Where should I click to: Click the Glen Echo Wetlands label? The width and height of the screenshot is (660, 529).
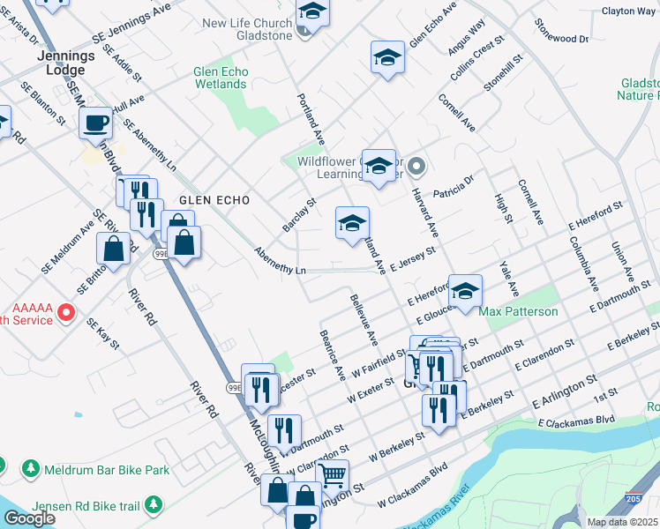[221, 78]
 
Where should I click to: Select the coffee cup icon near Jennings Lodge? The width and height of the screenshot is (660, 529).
[95, 123]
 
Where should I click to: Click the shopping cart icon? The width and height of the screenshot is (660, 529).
[332, 476]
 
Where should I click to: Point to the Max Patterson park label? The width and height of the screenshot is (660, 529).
[518, 312]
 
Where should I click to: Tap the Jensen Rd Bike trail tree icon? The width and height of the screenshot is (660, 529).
[154, 504]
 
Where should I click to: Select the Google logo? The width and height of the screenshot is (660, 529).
[28, 518]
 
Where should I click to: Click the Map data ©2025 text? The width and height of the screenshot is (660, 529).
[623, 522]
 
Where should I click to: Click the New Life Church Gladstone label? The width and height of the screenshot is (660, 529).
[247, 29]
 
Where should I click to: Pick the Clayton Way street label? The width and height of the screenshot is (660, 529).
[628, 11]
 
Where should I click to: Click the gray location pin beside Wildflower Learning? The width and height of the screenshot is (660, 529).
[418, 165]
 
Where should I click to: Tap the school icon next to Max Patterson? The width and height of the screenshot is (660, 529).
[465, 290]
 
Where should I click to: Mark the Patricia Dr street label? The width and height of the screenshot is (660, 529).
[454, 186]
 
